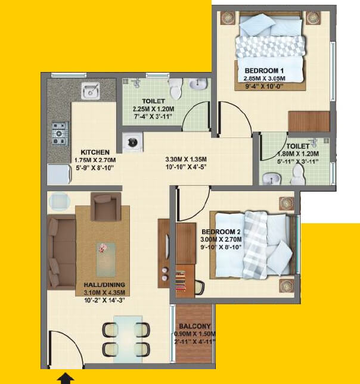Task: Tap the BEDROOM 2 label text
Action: point(220,232)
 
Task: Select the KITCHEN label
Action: point(95,152)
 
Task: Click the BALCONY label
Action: point(194,326)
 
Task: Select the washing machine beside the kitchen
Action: point(131,142)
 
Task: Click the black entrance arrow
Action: point(66,378)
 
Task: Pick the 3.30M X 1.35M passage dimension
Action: point(188,160)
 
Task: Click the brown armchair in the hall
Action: point(106,207)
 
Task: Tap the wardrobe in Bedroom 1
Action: point(309,121)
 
